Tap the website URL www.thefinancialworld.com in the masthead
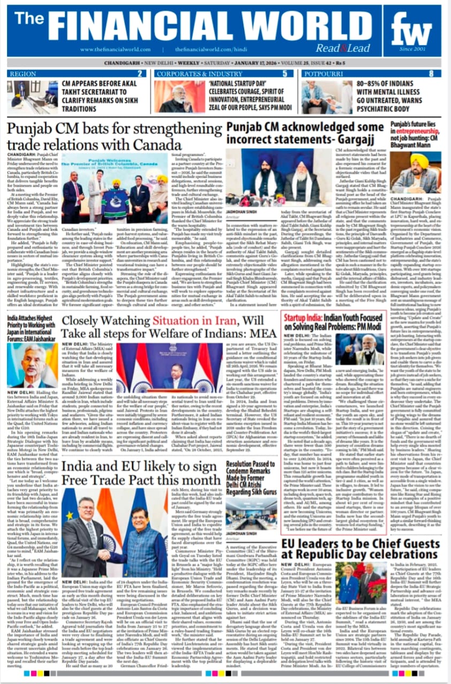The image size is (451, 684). click(114, 50)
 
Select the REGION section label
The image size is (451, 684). click(23, 74)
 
